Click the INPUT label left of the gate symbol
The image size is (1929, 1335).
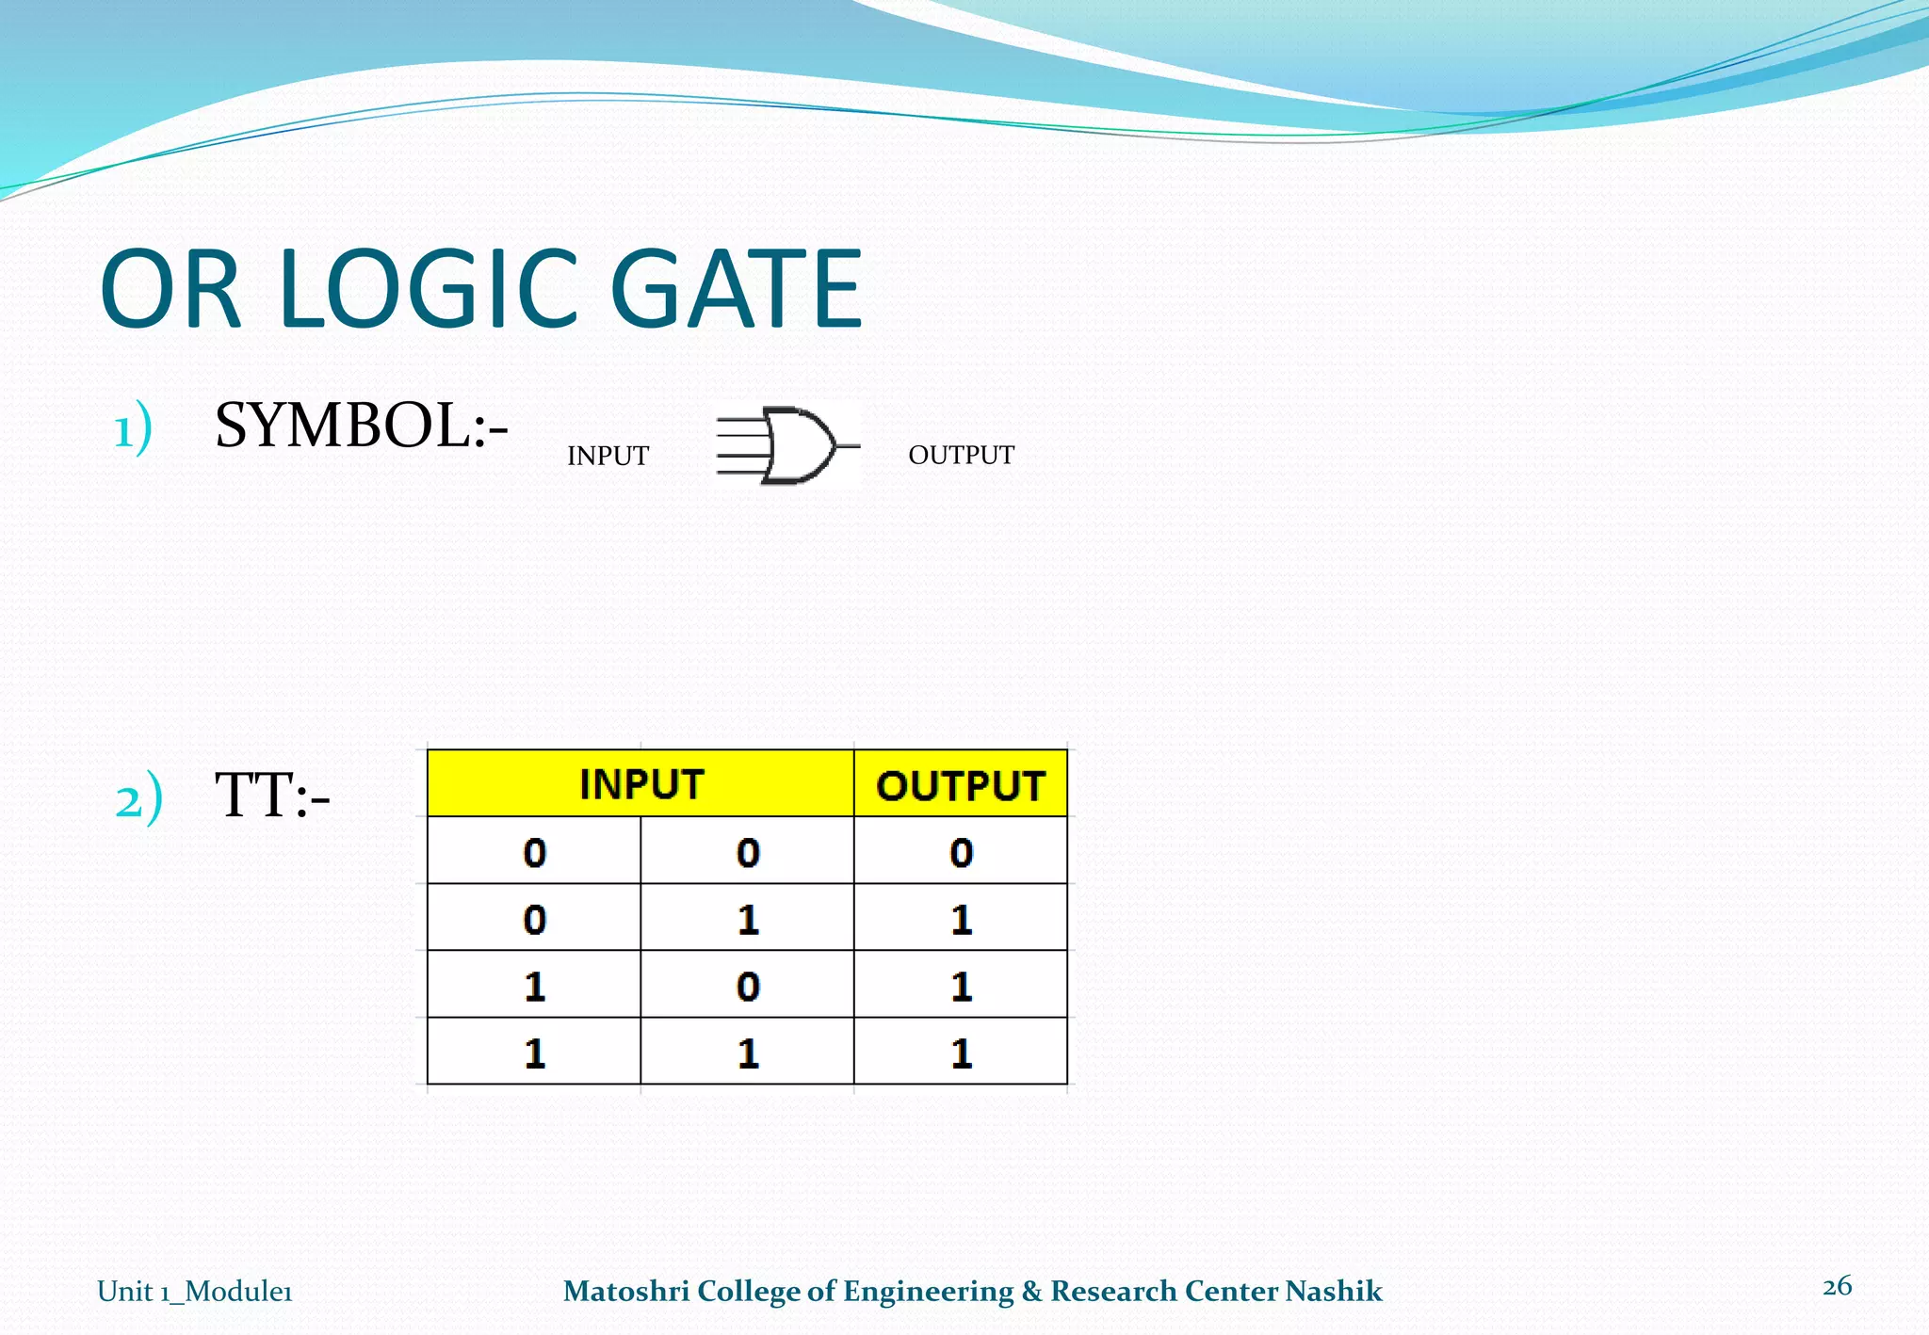608,456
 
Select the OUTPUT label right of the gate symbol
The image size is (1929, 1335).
961,455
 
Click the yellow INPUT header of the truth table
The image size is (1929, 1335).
640,783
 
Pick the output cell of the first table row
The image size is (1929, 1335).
961,851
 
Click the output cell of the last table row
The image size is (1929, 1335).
961,1052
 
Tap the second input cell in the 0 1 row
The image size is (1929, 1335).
748,918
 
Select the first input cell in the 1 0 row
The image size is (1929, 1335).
534,985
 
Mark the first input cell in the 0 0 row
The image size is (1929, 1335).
534,851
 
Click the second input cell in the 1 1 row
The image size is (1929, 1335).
748,1052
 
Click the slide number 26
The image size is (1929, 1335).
1837,1286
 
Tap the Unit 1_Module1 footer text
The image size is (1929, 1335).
195,1291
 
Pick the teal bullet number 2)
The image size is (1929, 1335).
138,798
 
